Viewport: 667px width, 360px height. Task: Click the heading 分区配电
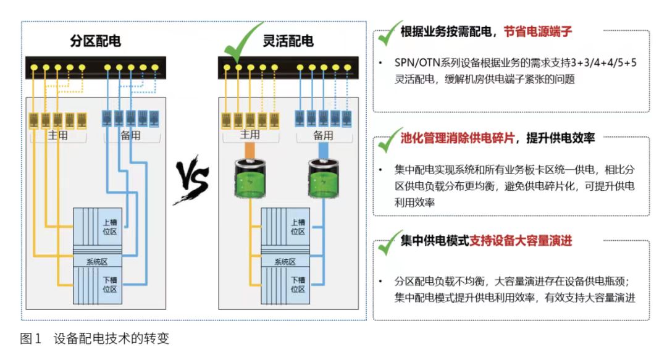point(95,41)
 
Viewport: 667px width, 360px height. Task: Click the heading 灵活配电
point(288,41)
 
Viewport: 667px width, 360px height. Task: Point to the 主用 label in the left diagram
point(58,135)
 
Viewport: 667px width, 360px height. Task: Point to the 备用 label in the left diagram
point(130,135)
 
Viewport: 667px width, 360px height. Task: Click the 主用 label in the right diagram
point(250,135)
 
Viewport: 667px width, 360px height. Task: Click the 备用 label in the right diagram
point(323,135)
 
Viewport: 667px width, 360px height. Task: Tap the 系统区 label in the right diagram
point(285,261)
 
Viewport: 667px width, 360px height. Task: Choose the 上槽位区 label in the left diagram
point(109,227)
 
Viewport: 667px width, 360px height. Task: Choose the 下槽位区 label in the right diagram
point(298,284)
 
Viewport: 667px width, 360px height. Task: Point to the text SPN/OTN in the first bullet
point(417,64)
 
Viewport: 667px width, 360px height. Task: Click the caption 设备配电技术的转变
point(111,339)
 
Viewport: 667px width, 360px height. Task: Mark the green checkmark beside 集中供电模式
point(388,242)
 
